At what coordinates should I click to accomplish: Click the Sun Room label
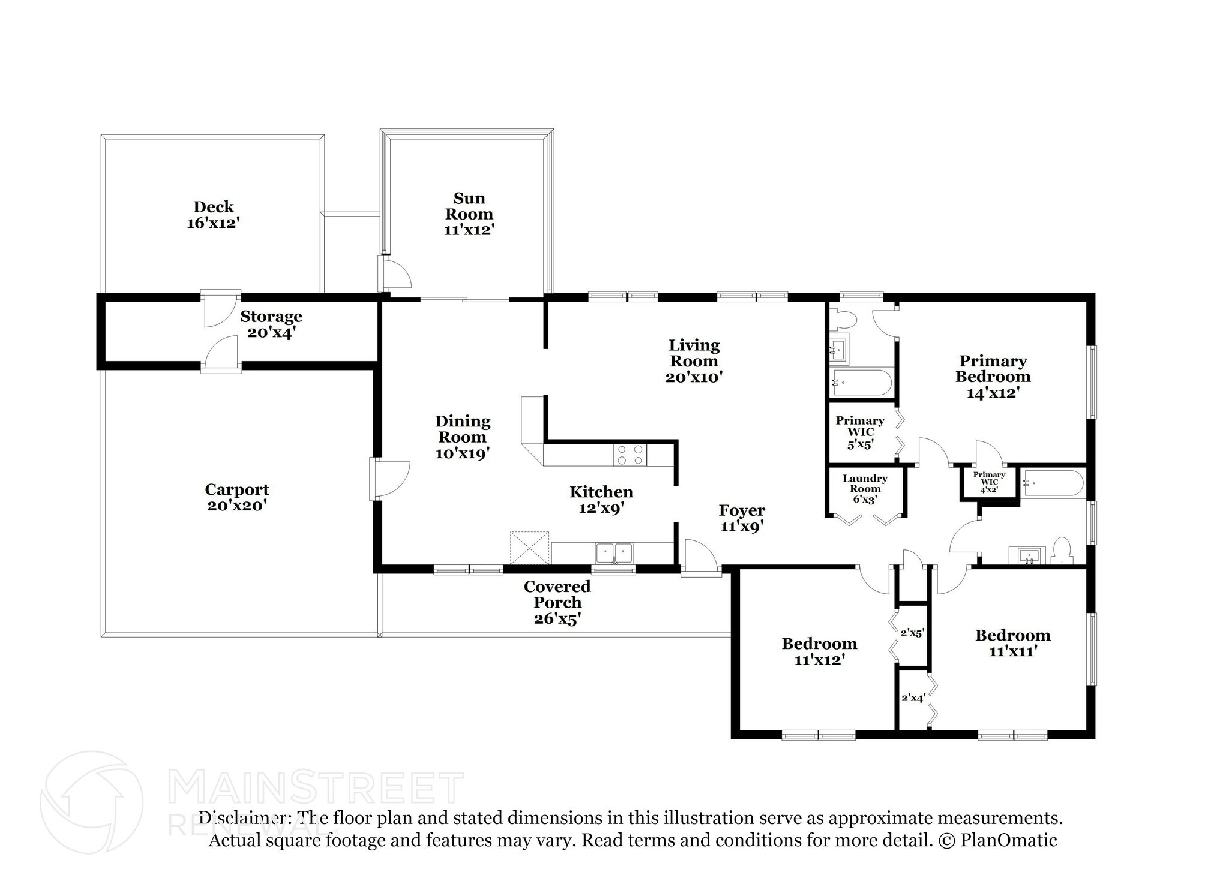tap(469, 206)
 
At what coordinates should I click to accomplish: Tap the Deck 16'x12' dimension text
tap(214, 223)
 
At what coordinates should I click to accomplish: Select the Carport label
tap(237, 489)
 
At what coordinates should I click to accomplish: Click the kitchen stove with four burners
tap(630, 455)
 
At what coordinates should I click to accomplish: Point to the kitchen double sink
tap(614, 552)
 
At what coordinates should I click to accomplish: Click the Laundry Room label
tap(865, 483)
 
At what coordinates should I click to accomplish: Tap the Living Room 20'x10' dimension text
tap(694, 377)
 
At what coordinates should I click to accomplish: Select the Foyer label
tap(742, 510)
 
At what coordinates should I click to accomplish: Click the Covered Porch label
tap(557, 594)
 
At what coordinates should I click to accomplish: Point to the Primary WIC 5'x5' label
tap(860, 432)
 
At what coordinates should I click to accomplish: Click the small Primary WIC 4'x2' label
tap(989, 482)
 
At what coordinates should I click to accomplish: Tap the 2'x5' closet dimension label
tap(912, 632)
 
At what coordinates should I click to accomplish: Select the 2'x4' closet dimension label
tap(913, 697)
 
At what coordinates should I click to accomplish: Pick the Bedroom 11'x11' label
tap(1012, 643)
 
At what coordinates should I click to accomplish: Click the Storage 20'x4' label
tap(271, 324)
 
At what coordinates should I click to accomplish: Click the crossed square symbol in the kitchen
tap(529, 548)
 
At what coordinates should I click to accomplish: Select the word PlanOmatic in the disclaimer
tap(1008, 840)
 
